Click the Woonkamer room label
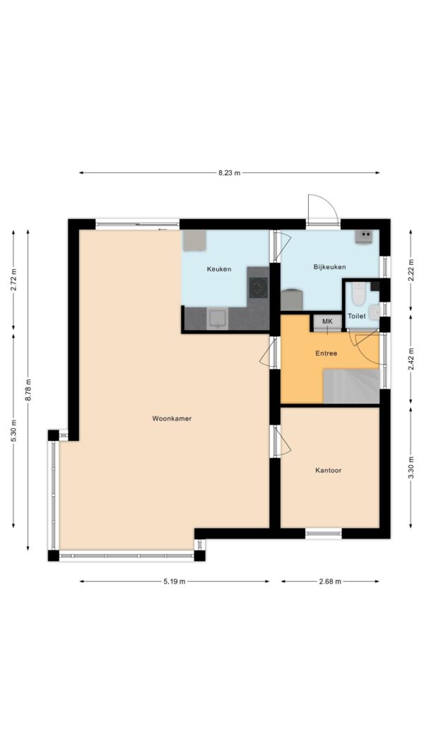(172, 419)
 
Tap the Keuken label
(219, 269)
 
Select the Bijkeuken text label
(329, 267)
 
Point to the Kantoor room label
(329, 471)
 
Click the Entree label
(326, 353)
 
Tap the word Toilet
(357, 317)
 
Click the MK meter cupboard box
(327, 322)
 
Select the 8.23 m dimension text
(229, 173)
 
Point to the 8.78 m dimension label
(28, 391)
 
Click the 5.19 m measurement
(174, 582)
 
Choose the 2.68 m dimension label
(330, 582)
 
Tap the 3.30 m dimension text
(411, 467)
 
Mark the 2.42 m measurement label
(411, 360)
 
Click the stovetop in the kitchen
(258, 288)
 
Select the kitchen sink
(218, 319)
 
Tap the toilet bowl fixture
(358, 293)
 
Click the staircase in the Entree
(351, 386)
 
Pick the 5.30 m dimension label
(13, 431)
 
